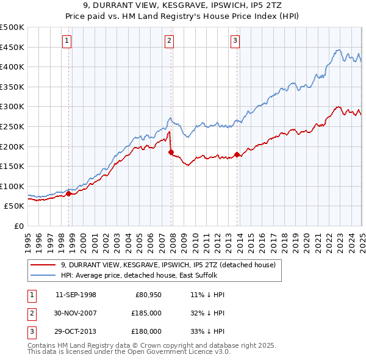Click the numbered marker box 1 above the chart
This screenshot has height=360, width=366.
click(66, 41)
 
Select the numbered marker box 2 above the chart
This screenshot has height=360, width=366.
click(169, 41)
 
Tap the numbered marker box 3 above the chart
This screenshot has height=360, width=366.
click(235, 41)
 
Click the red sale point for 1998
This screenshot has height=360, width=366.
click(68, 194)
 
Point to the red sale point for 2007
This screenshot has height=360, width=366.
click(171, 152)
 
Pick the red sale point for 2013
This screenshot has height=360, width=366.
click(237, 154)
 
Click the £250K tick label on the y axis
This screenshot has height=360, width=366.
click(12, 126)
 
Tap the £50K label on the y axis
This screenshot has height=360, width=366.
click(15, 206)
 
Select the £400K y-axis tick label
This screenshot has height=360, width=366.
click(12, 67)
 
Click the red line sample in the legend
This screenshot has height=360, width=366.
click(44, 265)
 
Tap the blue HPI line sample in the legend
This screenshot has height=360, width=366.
click(44, 275)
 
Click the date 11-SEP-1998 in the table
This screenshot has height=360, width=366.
click(76, 295)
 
